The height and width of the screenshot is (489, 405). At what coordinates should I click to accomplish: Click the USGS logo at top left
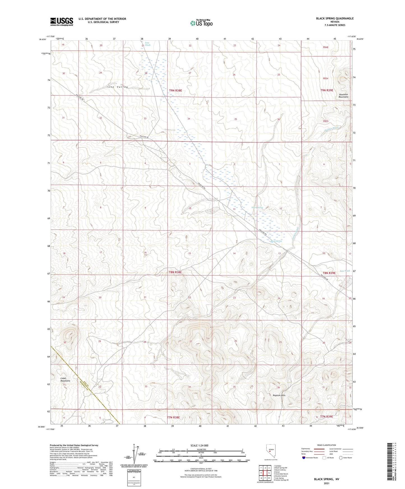(61, 21)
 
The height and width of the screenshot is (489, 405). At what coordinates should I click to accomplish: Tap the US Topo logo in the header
(201, 23)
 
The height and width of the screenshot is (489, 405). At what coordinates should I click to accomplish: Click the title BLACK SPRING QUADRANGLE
(335, 18)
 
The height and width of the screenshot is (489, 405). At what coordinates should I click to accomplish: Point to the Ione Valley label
(117, 87)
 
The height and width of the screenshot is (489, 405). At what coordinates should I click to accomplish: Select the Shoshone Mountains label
(343, 96)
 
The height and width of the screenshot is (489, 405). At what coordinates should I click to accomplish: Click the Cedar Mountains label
(65, 379)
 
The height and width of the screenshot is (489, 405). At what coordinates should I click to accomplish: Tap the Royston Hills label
(279, 395)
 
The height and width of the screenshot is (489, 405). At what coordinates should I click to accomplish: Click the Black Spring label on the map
(276, 241)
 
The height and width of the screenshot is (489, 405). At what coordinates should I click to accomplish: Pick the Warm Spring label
(257, 208)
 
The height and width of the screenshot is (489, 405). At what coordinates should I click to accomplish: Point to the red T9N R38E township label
(175, 90)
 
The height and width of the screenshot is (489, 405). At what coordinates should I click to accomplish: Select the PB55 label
(325, 121)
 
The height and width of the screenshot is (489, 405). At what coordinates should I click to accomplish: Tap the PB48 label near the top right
(325, 47)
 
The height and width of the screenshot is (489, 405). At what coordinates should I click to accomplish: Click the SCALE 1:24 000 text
(199, 445)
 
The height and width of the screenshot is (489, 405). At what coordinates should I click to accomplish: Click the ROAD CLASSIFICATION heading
(327, 445)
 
